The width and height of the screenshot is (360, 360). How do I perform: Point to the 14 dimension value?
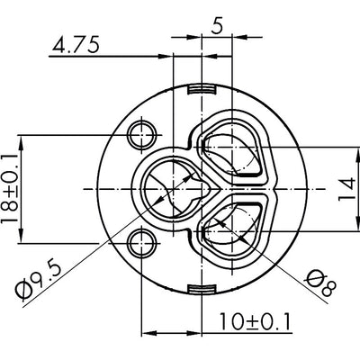tap(345, 190)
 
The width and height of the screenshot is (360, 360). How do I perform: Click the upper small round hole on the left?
tap(139, 135)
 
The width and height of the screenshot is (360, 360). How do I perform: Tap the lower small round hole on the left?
tap(139, 240)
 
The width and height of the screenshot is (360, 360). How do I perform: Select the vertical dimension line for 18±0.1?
tap(24, 189)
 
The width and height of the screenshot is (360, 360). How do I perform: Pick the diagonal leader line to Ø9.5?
tap(99, 243)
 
